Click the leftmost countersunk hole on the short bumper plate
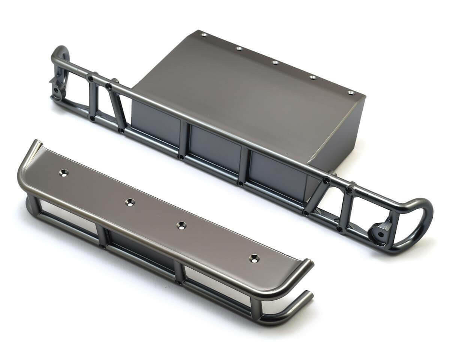[x=64, y=173]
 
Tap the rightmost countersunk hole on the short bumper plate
[x=254, y=258]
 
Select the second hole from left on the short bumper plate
[x=130, y=202]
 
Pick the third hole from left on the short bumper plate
[x=181, y=225]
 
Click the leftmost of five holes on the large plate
[x=204, y=35]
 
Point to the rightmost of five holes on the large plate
[x=351, y=92]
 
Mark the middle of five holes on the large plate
[x=275, y=62]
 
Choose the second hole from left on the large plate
[x=239, y=48]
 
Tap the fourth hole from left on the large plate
[x=313, y=77]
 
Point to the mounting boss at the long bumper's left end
[x=57, y=91]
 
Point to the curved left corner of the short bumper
[x=27, y=157]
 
